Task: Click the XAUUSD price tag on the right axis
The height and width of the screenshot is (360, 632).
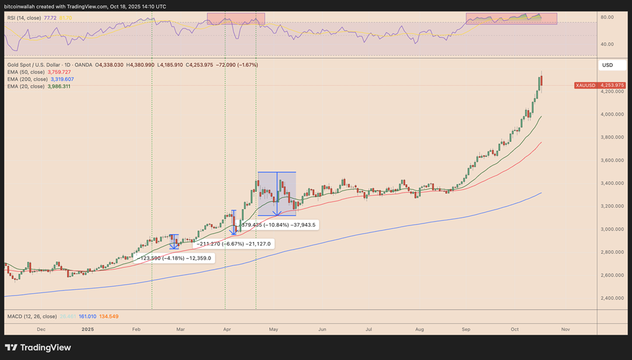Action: tap(600, 85)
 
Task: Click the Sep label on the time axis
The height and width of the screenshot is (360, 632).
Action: tap(466, 329)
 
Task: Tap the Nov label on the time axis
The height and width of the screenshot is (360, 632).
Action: tap(566, 329)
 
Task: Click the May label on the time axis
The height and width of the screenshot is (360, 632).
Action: tap(274, 329)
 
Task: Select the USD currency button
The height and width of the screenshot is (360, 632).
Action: tap(607, 65)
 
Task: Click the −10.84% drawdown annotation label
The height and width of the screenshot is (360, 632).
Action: tap(277, 224)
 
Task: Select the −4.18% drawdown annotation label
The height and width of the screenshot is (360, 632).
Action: tap(174, 258)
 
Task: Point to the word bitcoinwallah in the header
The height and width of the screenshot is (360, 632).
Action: tap(23, 6)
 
